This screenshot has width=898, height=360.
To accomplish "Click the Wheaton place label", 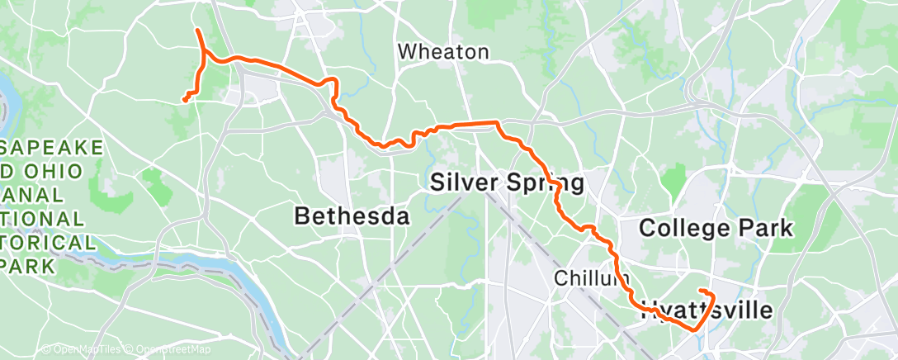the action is click(442, 52).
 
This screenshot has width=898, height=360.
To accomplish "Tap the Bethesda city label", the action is click(352, 217).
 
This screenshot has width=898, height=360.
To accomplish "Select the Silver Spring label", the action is click(507, 182).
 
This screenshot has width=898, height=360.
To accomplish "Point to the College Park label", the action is click(716, 228).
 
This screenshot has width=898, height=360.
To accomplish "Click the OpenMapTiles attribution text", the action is click(81, 350).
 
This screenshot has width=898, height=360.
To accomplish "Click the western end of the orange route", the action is click(183, 101).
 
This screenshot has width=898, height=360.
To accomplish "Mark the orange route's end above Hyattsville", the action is click(700, 291).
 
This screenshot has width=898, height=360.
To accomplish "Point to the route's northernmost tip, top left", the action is click(197, 31).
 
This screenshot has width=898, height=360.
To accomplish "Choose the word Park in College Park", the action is click(767, 228).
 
